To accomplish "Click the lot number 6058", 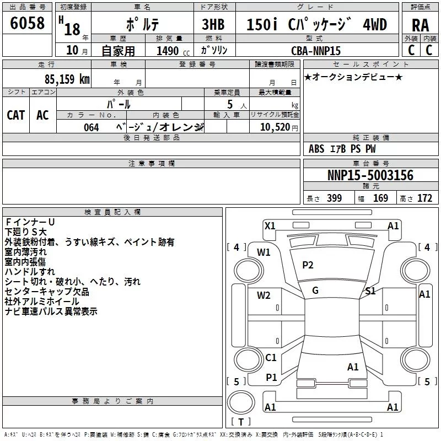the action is pyautogui.click(x=27, y=23).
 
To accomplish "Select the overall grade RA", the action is pyautogui.click(x=420, y=25).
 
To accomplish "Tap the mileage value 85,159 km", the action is pyautogui.click(x=67, y=79).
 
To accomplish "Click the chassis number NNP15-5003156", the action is pyautogui.click(x=370, y=175).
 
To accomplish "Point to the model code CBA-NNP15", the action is pyautogui.click(x=316, y=51).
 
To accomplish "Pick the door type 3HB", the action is pyautogui.click(x=213, y=24).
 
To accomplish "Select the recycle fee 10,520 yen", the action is pyautogui.click(x=279, y=127).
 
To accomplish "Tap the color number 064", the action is pyautogui.click(x=92, y=127).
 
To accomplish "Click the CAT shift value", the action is pyautogui.click(x=16, y=115).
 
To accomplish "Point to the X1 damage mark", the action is pyautogui.click(x=270, y=226).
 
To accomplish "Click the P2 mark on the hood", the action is pyautogui.click(x=308, y=265).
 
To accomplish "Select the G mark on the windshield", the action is pyautogui.click(x=315, y=291).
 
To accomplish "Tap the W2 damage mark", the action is pyautogui.click(x=263, y=295).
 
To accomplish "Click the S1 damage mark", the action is pyautogui.click(x=370, y=291).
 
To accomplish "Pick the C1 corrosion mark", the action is pyautogui.click(x=271, y=357).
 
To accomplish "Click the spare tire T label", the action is pyautogui.click(x=241, y=422).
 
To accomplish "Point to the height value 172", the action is pyautogui.click(x=424, y=198).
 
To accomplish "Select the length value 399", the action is pyautogui.click(x=335, y=198).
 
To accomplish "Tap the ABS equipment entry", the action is pyautogui.click(x=316, y=149).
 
